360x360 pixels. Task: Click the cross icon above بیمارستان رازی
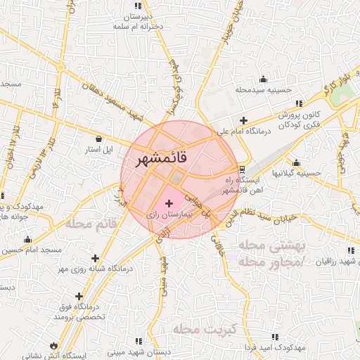pos(169,203)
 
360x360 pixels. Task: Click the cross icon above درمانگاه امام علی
pos(244,120)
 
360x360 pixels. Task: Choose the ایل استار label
pos(99,150)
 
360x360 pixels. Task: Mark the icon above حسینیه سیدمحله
pos(263,79)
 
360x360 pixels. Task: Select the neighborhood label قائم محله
pos(90,224)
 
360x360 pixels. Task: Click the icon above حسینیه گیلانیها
pos(297,162)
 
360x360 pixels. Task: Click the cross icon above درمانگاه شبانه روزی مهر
pos(95,258)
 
